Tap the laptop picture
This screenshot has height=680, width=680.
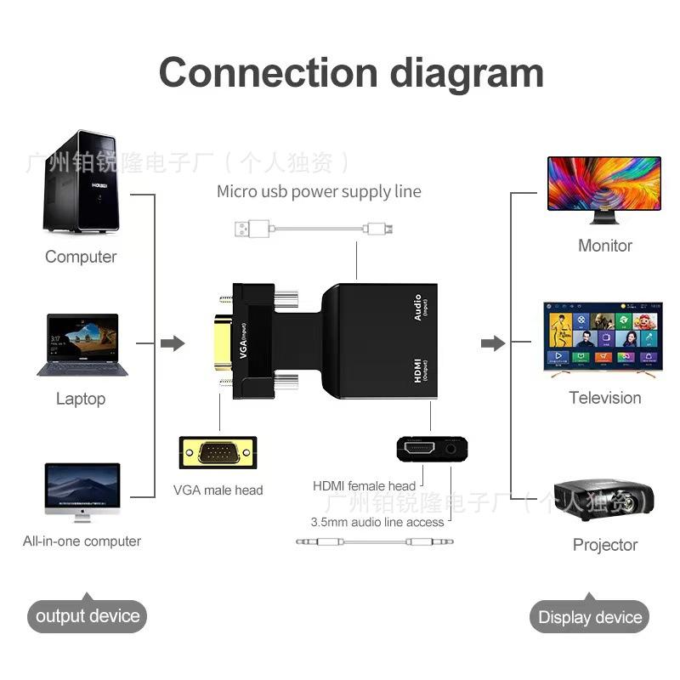click(82, 345)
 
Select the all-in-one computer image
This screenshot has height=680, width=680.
click(82, 490)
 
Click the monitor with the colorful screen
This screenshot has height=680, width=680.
click(603, 188)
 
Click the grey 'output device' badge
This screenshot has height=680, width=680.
click(87, 616)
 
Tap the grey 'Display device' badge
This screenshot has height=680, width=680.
click(590, 617)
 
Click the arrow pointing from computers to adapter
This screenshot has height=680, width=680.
click(173, 343)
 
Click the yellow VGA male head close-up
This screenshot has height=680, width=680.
click(218, 452)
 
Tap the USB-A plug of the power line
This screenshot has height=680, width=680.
click(251, 228)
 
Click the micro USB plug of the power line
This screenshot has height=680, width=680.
click(377, 228)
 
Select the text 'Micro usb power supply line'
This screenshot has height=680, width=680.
click(319, 191)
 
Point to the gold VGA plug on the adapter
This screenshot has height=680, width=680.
click(223, 343)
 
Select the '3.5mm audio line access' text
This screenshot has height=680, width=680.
click(377, 522)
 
